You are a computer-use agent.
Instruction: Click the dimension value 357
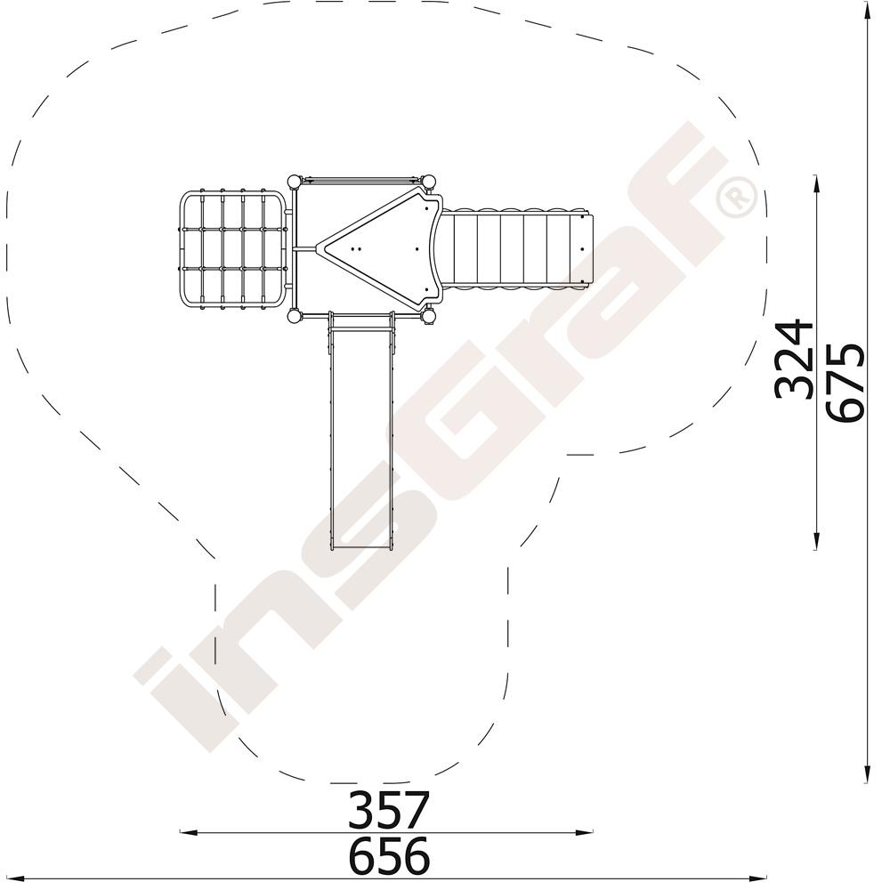389,809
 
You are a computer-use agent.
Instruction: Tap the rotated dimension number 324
795,360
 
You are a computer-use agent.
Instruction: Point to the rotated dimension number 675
845,382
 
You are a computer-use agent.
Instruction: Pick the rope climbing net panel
232,249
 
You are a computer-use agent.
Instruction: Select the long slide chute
360,432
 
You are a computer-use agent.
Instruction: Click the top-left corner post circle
294,182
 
